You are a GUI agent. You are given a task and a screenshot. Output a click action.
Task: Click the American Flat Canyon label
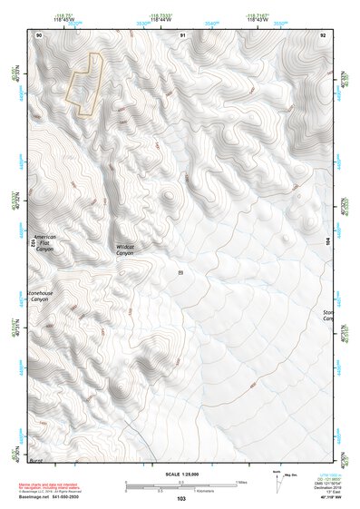[x=44, y=242]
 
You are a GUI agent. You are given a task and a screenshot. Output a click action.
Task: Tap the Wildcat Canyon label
[x=124, y=250]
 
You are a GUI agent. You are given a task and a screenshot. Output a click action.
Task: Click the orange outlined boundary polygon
[x=83, y=85]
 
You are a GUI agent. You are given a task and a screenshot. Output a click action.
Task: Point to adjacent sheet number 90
[x=39, y=34]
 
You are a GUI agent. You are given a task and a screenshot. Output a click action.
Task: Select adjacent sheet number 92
[x=323, y=34]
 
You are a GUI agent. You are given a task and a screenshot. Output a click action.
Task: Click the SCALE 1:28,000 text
[x=180, y=475]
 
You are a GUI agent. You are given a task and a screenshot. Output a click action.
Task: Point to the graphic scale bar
[x=180, y=485]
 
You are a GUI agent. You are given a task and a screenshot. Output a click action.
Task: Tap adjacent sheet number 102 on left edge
[x=33, y=243]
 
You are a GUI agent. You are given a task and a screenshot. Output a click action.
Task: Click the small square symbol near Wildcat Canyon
[x=180, y=270]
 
